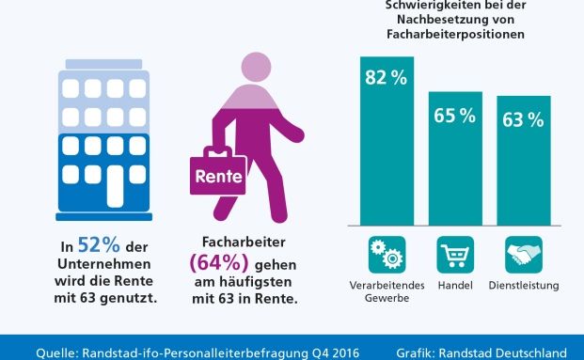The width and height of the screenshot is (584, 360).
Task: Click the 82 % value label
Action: [x=386, y=78]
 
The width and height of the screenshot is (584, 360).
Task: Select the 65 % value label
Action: [x=455, y=117]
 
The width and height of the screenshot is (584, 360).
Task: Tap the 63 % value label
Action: [x=523, y=119]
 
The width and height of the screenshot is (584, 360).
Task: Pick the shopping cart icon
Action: [x=455, y=255]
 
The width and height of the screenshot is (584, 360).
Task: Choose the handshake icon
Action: [x=524, y=255]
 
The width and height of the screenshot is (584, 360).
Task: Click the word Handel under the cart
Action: [x=455, y=285]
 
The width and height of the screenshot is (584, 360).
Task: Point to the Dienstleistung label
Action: [x=524, y=285]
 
